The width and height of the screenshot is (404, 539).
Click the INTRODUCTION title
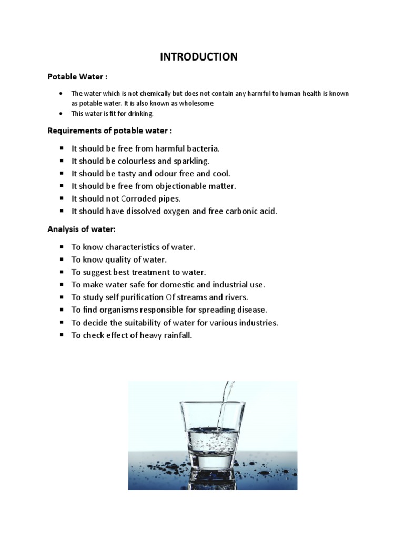[x=199, y=57]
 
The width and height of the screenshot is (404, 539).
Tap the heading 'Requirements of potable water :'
[x=110, y=131]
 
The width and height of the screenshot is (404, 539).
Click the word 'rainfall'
[x=177, y=335]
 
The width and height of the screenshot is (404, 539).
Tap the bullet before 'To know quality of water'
[x=62, y=259]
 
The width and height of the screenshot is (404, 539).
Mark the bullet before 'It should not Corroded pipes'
[x=62, y=199]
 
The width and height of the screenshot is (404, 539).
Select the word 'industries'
[x=259, y=323]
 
